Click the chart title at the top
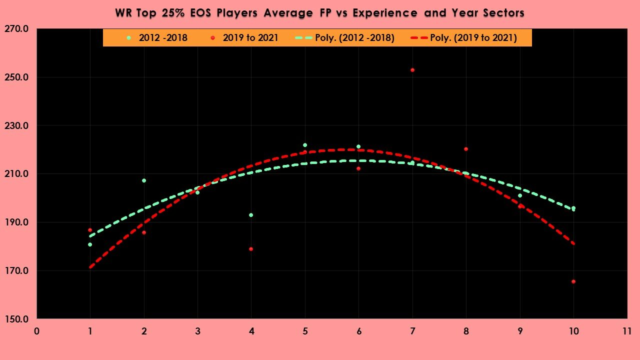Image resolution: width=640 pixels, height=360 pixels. (x=320, y=13)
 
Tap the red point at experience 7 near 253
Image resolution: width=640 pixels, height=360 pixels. (x=412, y=70)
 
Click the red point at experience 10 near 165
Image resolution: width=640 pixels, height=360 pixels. (x=573, y=281)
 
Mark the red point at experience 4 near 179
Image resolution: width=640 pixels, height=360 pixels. (x=251, y=249)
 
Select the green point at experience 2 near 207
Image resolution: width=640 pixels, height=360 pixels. (x=144, y=180)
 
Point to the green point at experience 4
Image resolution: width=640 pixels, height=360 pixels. (x=251, y=215)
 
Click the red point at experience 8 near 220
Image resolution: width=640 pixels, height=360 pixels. (x=466, y=149)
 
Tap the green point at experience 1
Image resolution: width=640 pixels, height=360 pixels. (x=90, y=244)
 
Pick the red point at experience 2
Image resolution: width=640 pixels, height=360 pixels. (x=144, y=232)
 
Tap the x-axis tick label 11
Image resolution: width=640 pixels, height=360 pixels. (x=627, y=331)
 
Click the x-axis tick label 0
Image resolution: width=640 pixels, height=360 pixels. (x=37, y=331)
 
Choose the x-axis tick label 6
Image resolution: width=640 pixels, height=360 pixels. (x=358, y=331)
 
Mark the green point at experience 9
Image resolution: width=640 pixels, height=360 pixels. (x=520, y=195)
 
